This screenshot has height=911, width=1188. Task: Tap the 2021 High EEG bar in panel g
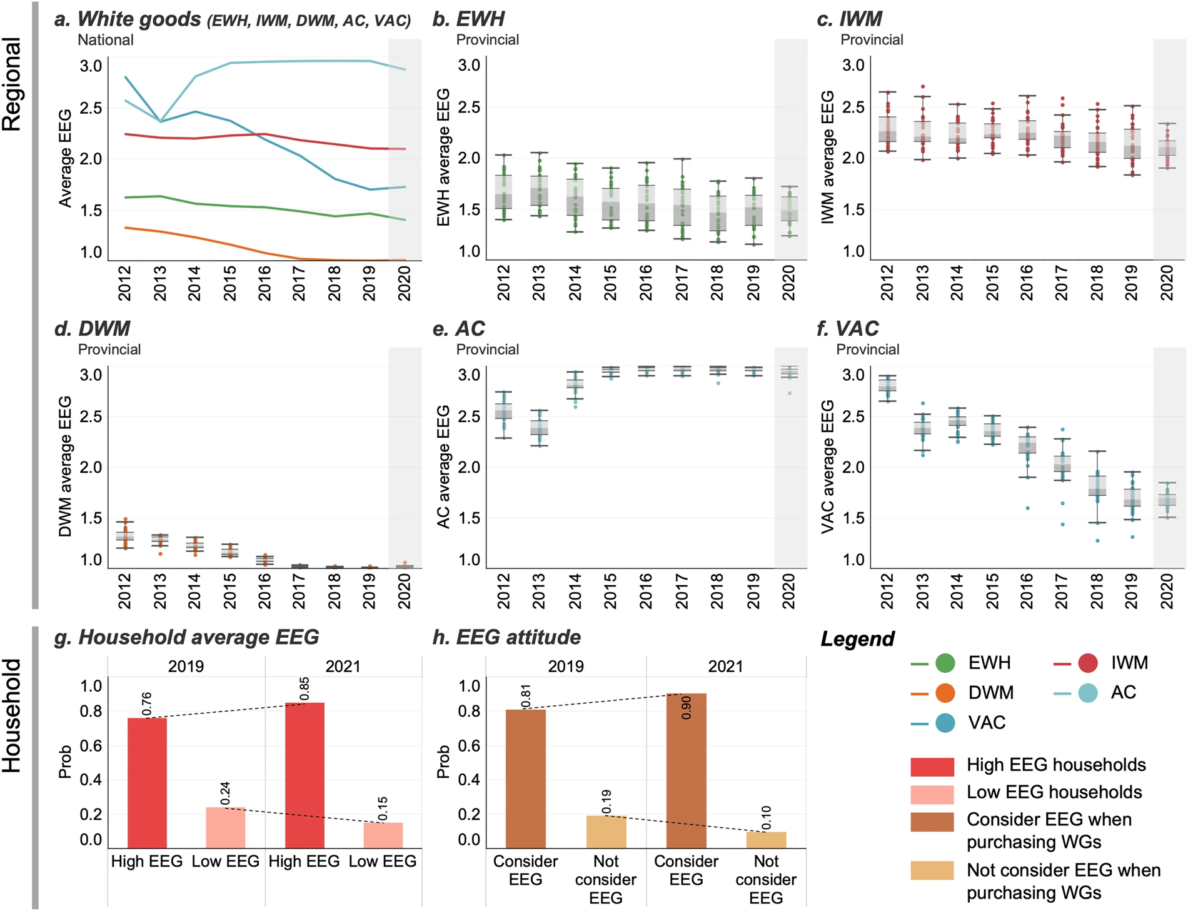[305, 775]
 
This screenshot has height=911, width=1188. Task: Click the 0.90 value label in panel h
[687, 708]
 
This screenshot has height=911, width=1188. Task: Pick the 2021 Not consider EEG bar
[766, 839]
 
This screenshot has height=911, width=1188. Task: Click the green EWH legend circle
[945, 663]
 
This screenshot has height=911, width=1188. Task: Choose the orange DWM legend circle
[945, 693]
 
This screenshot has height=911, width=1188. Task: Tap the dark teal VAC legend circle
[945, 723]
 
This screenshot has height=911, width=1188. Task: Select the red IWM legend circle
[1088, 663]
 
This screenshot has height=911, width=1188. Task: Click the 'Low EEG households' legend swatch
[932, 793]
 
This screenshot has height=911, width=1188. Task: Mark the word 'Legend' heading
[857, 639]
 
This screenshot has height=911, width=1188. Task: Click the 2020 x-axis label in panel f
[1167, 591]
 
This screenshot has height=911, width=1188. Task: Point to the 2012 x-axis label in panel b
[503, 283]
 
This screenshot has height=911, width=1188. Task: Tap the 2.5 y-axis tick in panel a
[91, 108]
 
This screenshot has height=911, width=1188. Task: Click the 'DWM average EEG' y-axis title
[65, 466]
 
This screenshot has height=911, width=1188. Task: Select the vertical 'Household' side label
[13, 716]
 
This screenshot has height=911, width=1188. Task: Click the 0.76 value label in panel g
[147, 704]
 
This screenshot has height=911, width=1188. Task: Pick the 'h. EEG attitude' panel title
[506, 637]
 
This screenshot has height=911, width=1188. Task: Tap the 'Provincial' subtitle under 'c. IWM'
[872, 40]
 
